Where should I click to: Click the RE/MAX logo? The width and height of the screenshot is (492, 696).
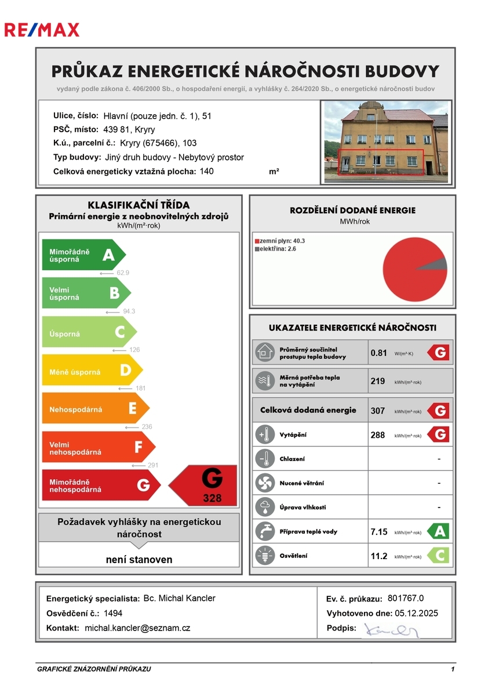tap(42, 30)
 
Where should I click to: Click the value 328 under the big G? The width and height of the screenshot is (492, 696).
tap(212, 498)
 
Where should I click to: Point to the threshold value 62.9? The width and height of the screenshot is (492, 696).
tap(123, 272)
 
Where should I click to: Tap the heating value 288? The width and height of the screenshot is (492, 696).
tap(378, 435)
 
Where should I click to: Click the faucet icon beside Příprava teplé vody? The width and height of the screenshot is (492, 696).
tap(265, 531)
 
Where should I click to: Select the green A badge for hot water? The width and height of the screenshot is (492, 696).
tap(438, 531)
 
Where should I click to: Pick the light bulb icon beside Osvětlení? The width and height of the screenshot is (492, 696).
tap(265, 556)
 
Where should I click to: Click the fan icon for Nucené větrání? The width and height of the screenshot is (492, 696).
tap(265, 483)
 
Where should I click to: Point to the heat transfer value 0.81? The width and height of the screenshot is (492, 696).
tap(378, 353)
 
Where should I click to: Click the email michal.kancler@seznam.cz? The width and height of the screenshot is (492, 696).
tap(137, 628)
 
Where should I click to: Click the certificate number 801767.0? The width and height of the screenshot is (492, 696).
tap(406, 599)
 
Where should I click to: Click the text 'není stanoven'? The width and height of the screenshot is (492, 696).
tap(139, 560)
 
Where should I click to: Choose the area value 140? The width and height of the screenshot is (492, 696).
tap(207, 171)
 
